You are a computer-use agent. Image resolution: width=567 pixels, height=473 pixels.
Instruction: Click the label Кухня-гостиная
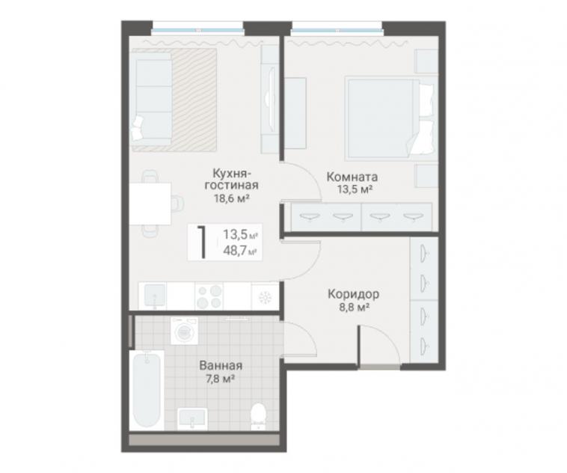(231, 179)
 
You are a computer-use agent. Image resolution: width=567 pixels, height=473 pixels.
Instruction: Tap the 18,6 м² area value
(231, 198)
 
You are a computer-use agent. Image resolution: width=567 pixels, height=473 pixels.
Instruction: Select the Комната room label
(352, 177)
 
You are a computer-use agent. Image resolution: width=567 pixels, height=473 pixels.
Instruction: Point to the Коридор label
(353, 294)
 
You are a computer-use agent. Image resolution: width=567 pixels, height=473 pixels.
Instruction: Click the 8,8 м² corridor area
(352, 308)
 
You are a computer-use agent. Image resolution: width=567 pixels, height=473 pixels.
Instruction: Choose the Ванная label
(221, 365)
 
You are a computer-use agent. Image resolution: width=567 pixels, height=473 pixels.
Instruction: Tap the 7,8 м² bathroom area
(221, 379)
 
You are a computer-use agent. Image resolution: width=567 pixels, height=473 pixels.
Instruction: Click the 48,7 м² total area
(240, 251)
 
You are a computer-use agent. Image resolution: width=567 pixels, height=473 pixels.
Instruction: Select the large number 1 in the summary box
(202, 242)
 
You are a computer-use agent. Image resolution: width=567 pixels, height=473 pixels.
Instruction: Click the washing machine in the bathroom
(185, 331)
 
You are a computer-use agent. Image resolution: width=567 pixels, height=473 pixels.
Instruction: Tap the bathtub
(147, 390)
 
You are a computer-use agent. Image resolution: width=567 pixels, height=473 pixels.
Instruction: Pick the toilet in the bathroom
(258, 416)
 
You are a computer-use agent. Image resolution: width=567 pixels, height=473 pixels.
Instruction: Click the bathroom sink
(192, 419)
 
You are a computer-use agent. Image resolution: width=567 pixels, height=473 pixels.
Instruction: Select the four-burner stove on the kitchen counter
(209, 296)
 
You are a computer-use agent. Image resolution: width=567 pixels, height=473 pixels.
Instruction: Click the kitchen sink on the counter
(155, 296)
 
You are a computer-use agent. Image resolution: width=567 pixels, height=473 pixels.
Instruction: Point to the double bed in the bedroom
(390, 118)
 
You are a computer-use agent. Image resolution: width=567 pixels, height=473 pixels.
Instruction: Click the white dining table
(150, 204)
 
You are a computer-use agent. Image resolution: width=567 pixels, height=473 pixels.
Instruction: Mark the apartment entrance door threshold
(380, 367)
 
